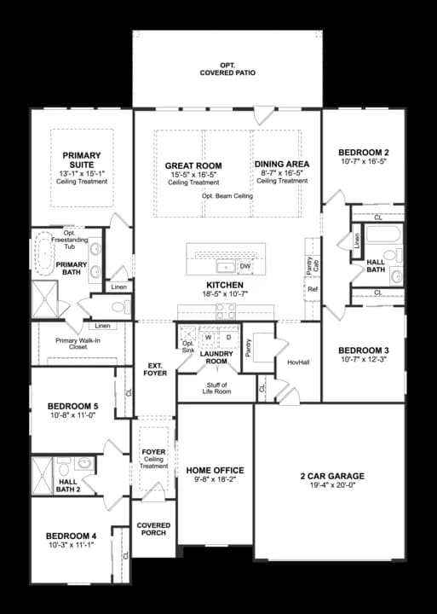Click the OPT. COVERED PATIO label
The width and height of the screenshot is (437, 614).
(x=227, y=68)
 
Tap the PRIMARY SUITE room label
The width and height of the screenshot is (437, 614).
(x=82, y=161)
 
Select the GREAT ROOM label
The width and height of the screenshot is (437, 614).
(x=193, y=165)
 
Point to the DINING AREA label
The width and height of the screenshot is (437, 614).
(x=281, y=164)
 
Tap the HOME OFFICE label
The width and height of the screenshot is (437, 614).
(x=215, y=470)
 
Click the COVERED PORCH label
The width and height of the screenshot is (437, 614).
(x=153, y=530)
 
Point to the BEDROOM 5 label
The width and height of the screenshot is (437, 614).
(x=72, y=405)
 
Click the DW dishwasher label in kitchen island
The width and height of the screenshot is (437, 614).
(x=244, y=267)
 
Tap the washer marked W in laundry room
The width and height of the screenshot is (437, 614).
(x=208, y=337)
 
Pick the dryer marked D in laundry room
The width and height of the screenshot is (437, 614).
(x=228, y=337)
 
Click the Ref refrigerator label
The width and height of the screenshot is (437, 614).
(x=313, y=290)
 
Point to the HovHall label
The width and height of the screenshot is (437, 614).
(x=297, y=362)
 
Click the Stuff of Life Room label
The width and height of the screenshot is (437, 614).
(x=216, y=389)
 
